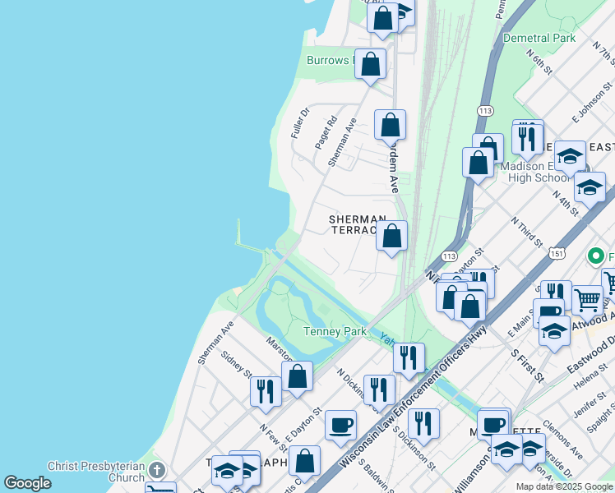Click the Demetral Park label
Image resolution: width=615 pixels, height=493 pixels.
pos(539,38)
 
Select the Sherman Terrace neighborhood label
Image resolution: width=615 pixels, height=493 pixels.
pos(358,224)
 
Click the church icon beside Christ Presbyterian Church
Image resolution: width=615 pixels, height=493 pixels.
pos(156,471)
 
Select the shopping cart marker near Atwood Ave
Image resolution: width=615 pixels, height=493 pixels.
pos(586,300)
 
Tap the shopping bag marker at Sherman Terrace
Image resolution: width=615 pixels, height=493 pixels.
pos(392,237)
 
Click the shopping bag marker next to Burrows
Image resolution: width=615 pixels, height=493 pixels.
pos(370,63)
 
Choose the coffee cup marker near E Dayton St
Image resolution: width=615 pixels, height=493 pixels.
pos(340,426)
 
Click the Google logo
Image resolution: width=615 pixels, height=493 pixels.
pos(27,483)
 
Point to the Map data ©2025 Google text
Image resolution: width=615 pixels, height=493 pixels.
pos(563,486)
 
